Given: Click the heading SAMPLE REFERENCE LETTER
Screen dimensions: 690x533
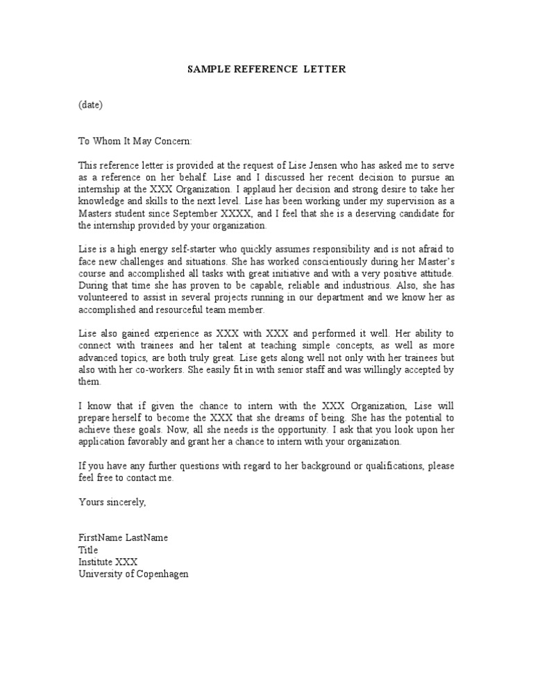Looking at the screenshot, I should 266,69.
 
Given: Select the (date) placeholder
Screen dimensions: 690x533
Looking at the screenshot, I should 90,106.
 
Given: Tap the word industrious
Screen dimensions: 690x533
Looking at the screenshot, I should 359,285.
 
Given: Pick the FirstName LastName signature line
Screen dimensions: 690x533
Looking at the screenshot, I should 123,538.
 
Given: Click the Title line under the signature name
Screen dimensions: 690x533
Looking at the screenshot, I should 88,550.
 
